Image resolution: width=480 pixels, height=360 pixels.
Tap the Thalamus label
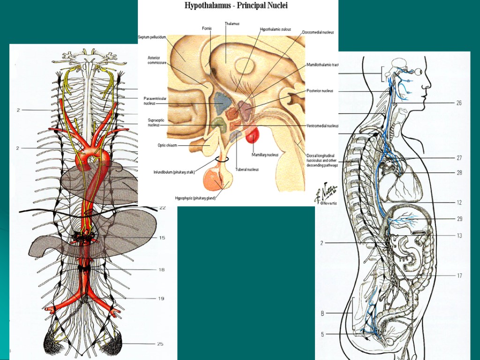232,23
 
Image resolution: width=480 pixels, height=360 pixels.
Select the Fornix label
207,29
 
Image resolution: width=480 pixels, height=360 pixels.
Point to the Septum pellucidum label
152,37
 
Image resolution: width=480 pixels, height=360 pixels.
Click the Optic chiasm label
167,145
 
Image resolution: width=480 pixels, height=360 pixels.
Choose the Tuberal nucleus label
247,169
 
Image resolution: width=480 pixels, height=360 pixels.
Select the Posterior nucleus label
320,91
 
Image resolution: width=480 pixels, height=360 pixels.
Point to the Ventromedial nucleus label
322,126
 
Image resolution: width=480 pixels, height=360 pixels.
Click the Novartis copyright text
325,203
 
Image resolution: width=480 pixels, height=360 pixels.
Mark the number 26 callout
459,103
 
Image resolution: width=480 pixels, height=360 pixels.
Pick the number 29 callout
459,219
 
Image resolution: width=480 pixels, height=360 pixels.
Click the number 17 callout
459,276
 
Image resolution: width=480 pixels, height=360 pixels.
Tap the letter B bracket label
322,313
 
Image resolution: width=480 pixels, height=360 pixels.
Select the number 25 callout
160,344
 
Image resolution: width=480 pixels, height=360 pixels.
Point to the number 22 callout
162,208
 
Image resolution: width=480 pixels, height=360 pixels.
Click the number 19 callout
161,298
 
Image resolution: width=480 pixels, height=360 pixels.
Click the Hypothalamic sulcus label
275,29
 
